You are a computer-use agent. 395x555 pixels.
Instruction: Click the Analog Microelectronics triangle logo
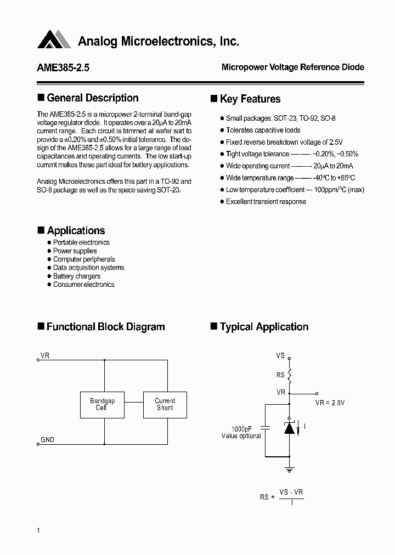pos(54,39)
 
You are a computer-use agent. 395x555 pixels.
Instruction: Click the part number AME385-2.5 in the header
pos(63,68)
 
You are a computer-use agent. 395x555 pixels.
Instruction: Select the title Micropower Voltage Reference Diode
pos(292,67)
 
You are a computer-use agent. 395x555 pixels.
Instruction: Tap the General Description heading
pos(92,98)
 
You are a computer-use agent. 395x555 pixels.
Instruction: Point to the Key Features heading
pos(250,99)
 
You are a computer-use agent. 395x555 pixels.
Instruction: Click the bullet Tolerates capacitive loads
pos(263,130)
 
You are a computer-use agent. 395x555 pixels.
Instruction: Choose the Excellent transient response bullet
pos(266,201)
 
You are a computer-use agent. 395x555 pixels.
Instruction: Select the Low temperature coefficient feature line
pos(295,190)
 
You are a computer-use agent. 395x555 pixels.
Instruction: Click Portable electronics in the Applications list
pos(81,242)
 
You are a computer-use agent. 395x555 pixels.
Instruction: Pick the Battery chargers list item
pos(76,276)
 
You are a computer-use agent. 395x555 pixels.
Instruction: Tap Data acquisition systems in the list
pos(88,268)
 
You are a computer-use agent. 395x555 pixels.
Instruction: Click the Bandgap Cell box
pos(103,405)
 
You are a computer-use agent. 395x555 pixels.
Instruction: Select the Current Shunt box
pos(165,405)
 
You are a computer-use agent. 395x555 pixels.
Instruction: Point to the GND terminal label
pos(47,439)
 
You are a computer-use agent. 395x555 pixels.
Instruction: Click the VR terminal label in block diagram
pos(45,356)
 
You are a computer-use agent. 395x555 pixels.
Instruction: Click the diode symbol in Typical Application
pos(289,428)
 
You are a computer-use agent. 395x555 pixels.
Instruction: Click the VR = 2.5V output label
pos(330,403)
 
